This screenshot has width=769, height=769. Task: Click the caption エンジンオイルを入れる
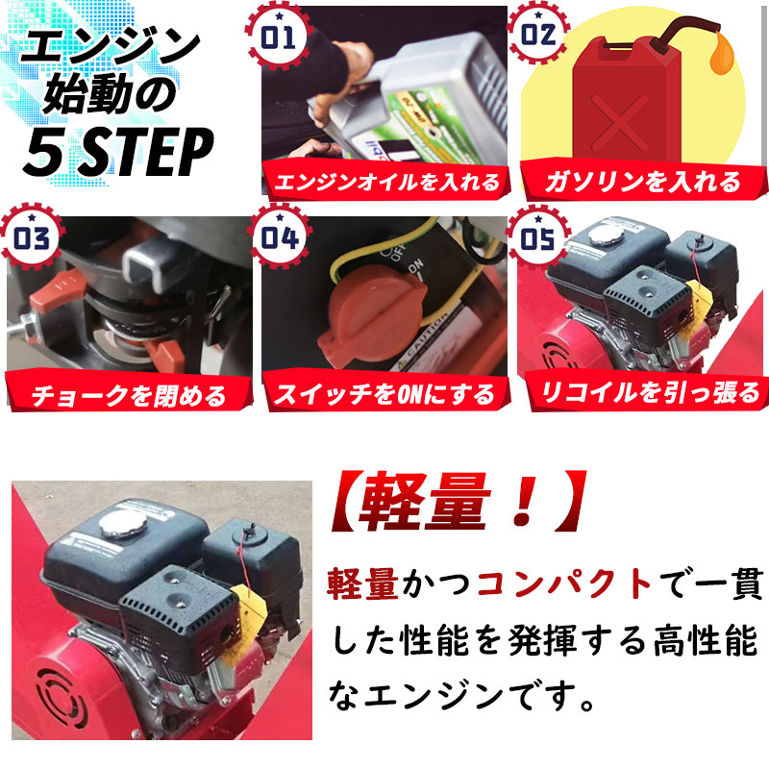pyautogui.click(x=386, y=182)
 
